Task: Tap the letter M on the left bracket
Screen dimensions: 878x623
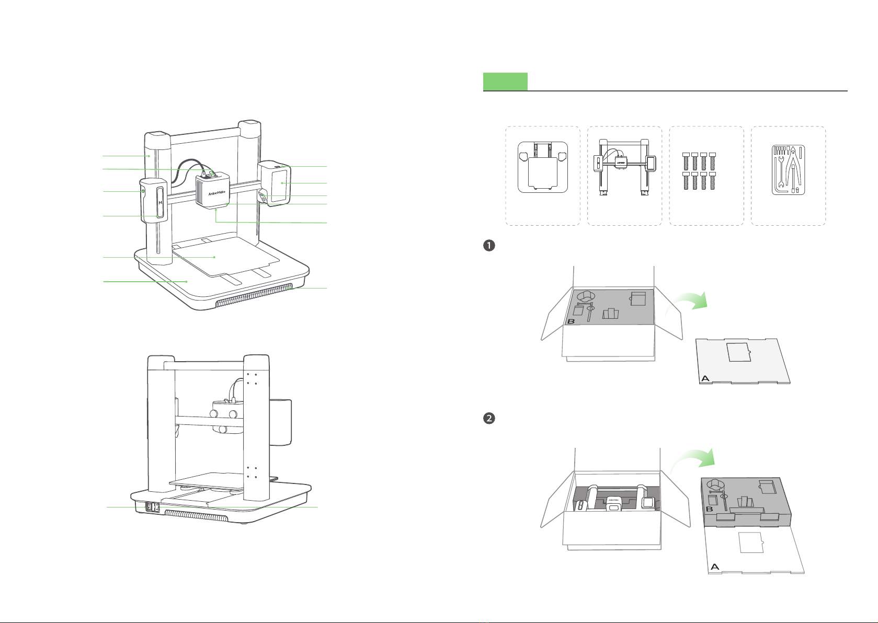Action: (x=161, y=203)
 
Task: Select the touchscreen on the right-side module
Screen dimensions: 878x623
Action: (x=281, y=183)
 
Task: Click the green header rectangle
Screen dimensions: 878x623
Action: (x=505, y=82)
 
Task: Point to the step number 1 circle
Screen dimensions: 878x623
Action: (x=489, y=246)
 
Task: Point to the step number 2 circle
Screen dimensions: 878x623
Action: (x=489, y=419)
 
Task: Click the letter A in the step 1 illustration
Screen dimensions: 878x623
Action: (x=705, y=378)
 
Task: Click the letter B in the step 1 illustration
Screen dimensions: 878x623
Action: (x=571, y=321)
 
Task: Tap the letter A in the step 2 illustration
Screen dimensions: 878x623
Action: (x=715, y=567)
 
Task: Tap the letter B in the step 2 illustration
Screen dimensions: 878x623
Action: (x=709, y=509)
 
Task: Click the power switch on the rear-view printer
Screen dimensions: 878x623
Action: (x=153, y=507)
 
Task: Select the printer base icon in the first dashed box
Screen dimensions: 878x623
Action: (x=542, y=167)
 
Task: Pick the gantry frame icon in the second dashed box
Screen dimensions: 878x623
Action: (x=624, y=167)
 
